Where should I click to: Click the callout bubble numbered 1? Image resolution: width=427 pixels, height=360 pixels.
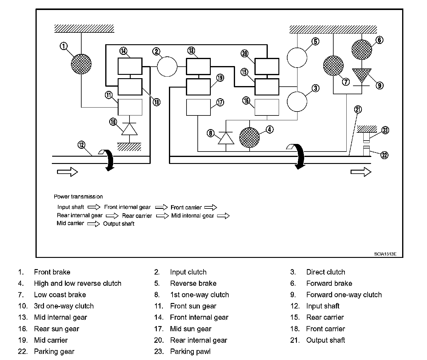click(64, 46)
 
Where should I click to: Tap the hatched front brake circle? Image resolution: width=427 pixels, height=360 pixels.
click(81, 64)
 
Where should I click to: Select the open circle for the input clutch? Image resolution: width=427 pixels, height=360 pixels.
click(167, 67)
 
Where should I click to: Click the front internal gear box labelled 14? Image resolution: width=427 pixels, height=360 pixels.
click(130, 66)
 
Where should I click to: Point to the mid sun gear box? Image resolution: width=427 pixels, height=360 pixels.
click(198, 107)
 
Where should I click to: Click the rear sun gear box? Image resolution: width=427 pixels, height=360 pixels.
click(267, 107)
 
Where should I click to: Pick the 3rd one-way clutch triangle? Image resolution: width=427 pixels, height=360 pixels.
click(129, 129)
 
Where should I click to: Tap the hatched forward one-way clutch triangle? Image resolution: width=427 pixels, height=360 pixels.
click(362, 75)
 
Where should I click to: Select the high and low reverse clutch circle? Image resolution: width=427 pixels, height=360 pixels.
click(250, 137)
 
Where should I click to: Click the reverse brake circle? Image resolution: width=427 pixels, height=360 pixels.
click(297, 58)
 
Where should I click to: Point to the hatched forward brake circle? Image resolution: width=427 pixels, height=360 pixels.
click(362, 50)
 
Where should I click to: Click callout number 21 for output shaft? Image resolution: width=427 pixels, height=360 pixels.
click(358, 109)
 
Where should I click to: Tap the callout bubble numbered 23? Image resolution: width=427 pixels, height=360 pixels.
click(385, 130)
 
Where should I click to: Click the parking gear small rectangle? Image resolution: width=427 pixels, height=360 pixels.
click(366, 151)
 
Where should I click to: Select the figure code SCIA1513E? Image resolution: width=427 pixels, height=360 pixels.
click(385, 254)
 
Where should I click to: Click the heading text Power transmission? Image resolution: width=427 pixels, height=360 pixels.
click(78, 197)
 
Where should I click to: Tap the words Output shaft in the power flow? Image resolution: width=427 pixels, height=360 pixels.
click(119, 224)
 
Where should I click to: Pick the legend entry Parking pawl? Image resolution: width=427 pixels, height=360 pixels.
click(190, 352)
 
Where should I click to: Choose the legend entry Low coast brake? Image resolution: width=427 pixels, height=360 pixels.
click(60, 295)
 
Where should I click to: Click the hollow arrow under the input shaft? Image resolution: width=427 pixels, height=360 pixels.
click(67, 172)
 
